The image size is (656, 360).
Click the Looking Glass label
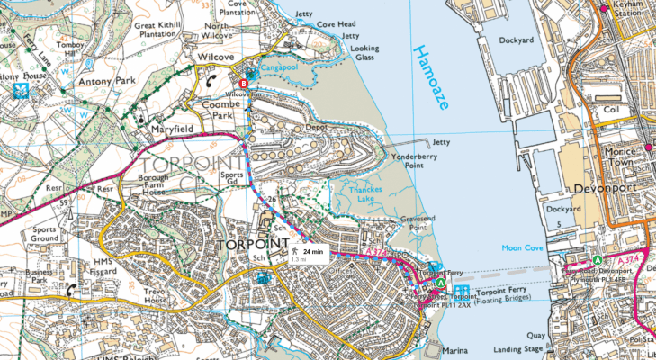click(x=364, y=52)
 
